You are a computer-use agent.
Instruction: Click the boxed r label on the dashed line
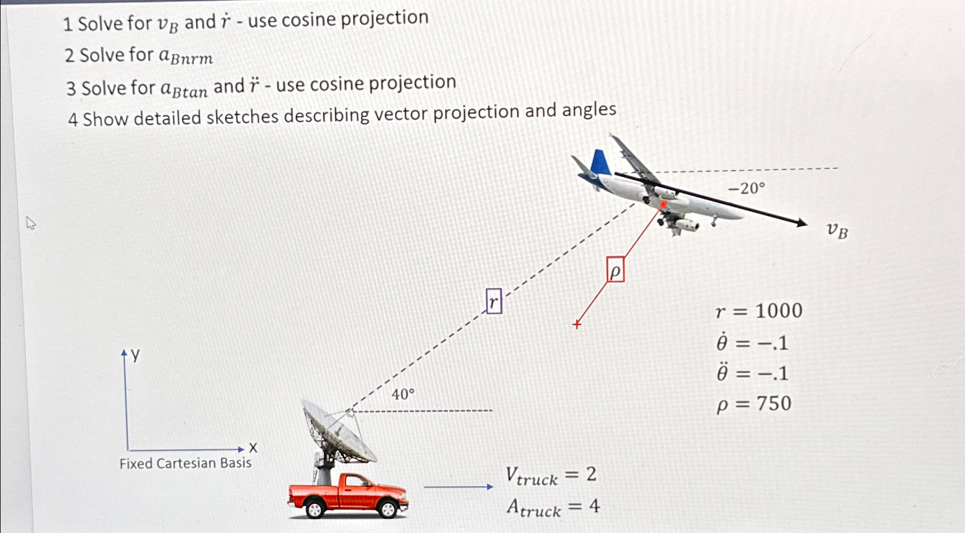pos(494,301)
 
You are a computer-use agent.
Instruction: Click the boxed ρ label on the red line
pos(615,270)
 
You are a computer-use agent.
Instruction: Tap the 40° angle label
pos(403,394)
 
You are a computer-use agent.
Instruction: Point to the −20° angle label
pos(746,188)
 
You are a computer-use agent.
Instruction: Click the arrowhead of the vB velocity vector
pos(803,223)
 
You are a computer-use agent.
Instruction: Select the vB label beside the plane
pos(837,231)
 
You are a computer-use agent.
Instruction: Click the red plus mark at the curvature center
pos(577,325)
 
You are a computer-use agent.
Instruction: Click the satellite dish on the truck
pos(338,432)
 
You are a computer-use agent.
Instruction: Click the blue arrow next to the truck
pos(458,487)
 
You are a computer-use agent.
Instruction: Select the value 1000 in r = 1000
pos(778,311)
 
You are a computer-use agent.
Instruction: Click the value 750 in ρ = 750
pos(774,404)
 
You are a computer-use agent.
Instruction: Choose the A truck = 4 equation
pos(553,507)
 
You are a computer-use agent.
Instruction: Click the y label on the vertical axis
pos(136,355)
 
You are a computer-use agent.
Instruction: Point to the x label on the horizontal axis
pos(253,448)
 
